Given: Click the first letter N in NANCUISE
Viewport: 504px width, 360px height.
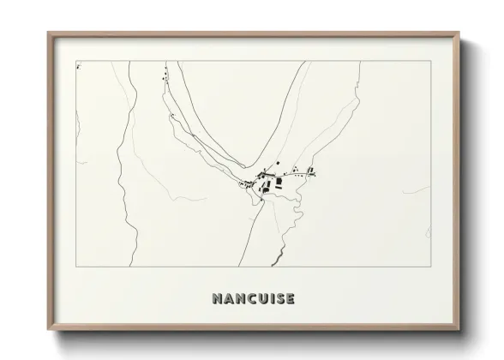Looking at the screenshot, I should coord(216,299).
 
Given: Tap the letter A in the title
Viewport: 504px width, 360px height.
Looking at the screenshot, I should coord(226,299).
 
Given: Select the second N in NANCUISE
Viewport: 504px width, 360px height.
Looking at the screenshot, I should coord(237,299).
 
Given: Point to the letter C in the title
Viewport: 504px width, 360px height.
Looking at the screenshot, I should coord(249,299).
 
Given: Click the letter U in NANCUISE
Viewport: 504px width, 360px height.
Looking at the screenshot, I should coord(260,299).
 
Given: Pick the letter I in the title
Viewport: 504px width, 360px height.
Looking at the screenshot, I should coord(269,299).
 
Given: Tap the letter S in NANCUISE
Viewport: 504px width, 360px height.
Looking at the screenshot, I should coord(278,299).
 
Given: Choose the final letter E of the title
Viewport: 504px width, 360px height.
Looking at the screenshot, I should coord(290,299).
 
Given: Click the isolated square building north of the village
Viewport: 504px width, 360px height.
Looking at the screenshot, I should coord(277,163).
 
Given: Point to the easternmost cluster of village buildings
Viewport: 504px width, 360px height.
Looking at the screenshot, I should coord(312,171).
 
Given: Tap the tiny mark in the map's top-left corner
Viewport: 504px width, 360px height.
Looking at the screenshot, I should coord(79,64).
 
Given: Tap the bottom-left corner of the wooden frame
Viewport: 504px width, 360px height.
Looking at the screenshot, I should coord(49,331).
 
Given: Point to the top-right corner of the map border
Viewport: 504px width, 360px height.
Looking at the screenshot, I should coord(431,61).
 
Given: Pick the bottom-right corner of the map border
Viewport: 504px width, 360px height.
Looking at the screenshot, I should coord(431,267).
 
